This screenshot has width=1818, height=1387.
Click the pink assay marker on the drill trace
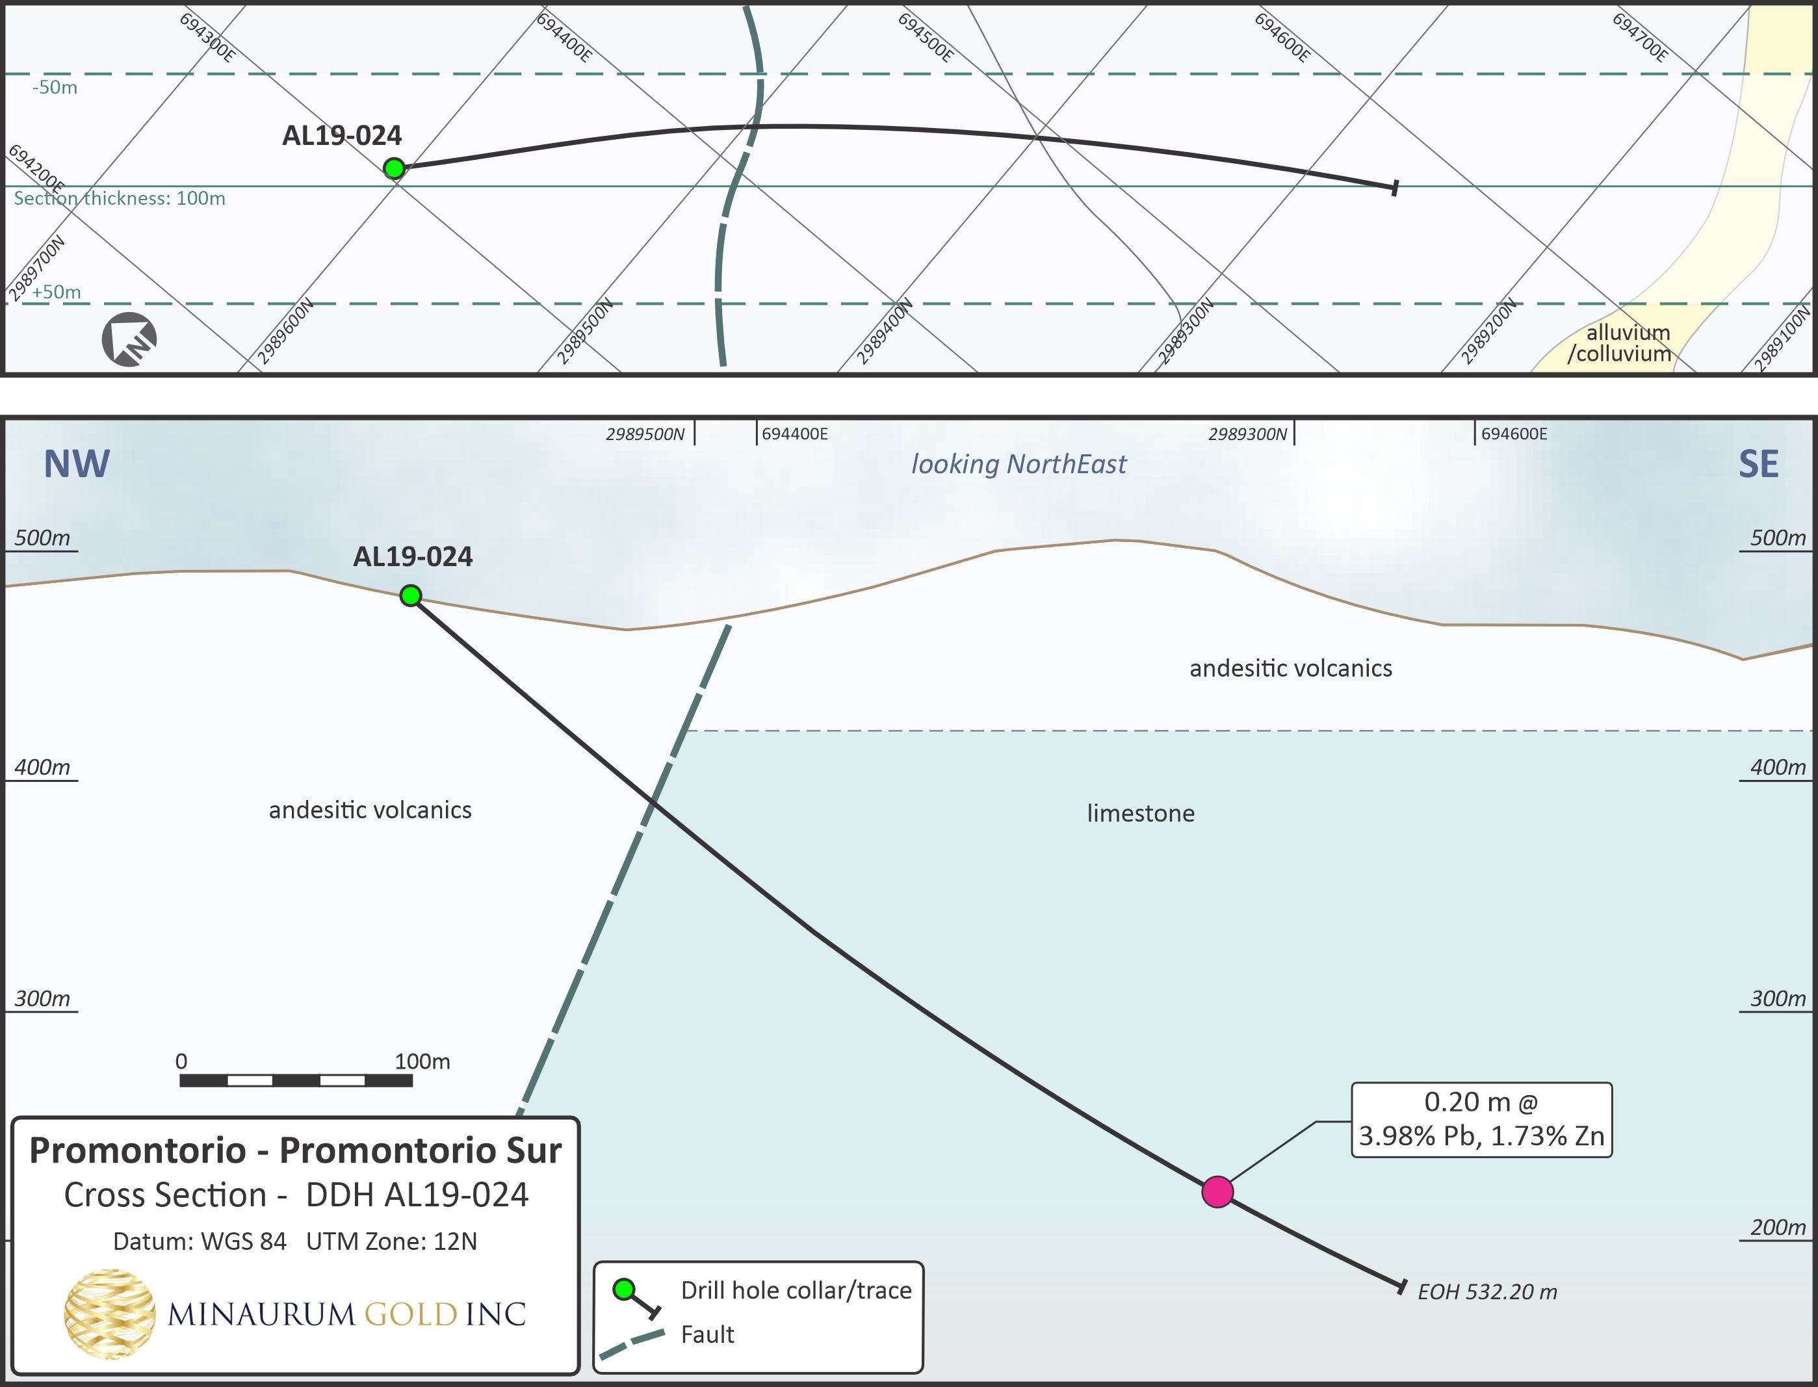point(1217,1192)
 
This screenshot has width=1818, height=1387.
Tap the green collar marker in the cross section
point(410,595)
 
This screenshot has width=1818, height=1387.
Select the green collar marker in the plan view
point(394,168)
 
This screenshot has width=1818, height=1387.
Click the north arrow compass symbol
point(129,339)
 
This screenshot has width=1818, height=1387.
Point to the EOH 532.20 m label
point(1487,1292)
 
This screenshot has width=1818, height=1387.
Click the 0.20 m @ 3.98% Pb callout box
point(1481,1119)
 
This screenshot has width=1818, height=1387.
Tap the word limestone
point(1140,814)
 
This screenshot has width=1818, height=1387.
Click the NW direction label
point(76,464)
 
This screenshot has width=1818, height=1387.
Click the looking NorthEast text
point(1018,464)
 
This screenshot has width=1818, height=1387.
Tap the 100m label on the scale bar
point(422,1062)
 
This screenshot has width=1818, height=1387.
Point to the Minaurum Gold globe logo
point(109,1314)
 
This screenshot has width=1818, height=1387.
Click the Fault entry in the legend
point(707,1335)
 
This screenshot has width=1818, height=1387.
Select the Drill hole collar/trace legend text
point(796,1290)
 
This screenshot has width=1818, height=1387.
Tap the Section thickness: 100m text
point(120,198)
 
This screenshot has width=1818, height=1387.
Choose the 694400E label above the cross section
point(794,434)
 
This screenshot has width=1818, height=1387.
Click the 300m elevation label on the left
point(42,999)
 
